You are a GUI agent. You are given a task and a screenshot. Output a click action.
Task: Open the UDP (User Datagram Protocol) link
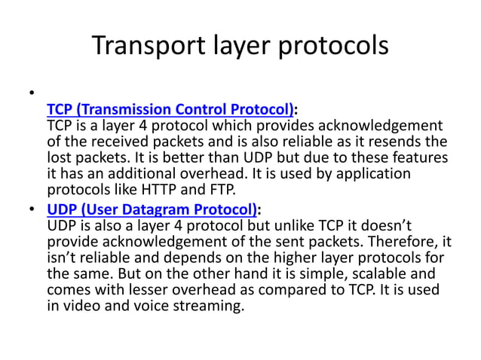click(152, 209)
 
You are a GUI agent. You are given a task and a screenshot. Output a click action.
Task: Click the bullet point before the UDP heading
click(32, 209)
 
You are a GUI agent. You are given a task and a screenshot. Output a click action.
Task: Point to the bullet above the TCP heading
click(32, 93)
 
